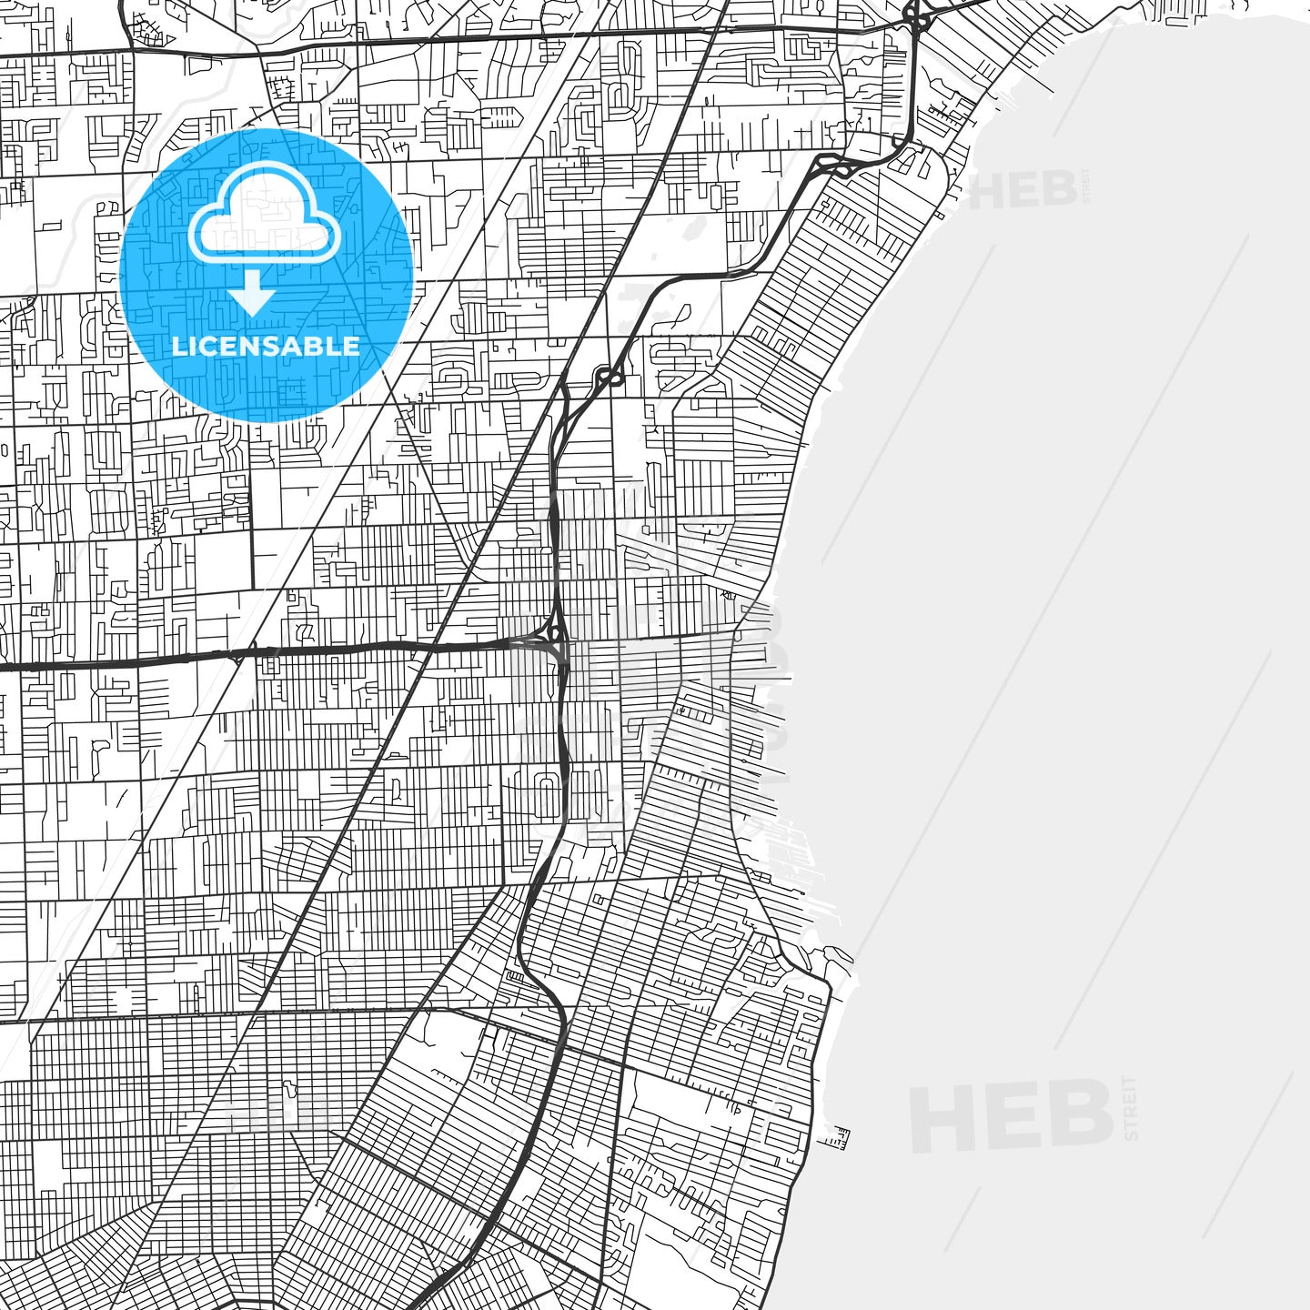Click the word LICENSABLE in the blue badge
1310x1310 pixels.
coord(266,347)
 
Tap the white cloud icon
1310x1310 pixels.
coord(264,218)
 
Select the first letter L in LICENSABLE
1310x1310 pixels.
coord(178,347)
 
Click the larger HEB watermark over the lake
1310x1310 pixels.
coord(1012,1114)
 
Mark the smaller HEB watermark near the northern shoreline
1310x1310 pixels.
coord(1023,190)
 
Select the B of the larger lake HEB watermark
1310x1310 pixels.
coord(1083,1114)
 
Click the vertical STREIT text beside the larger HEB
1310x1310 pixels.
coord(1131,1108)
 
